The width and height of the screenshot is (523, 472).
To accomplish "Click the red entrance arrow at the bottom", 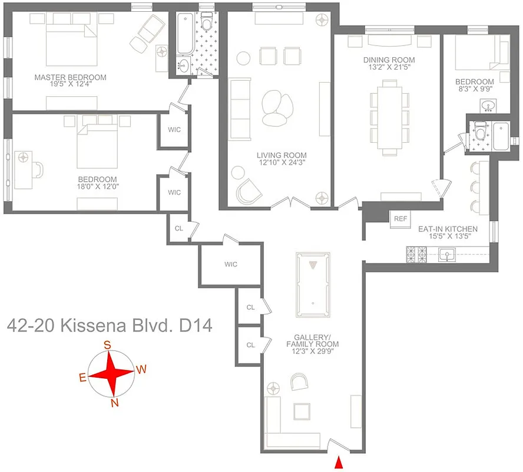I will point(339,464).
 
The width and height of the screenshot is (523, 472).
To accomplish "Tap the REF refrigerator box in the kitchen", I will point(400,219).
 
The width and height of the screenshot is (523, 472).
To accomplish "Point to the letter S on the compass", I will point(107,346).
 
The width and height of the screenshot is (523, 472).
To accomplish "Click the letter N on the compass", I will point(115,404).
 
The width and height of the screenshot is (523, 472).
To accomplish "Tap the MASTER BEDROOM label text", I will point(70,77).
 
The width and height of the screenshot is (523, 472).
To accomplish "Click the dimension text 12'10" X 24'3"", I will point(282,163).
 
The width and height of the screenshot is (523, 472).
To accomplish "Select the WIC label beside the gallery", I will point(230,264).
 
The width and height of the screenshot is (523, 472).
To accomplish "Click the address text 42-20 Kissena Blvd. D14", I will point(109,325).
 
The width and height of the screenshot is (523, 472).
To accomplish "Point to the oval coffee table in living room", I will point(276,108).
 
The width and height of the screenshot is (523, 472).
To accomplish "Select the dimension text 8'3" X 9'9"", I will point(474,90).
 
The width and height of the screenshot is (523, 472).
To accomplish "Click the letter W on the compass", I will point(140,370).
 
